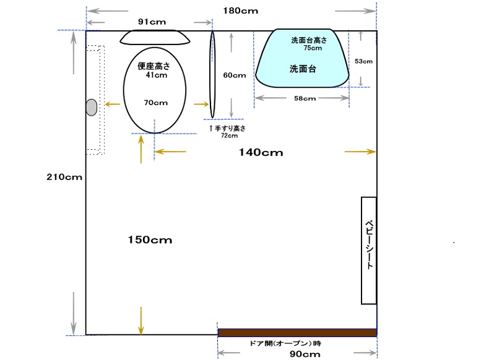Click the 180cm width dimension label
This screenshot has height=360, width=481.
pos(240,11)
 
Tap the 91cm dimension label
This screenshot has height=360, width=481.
pos(152,22)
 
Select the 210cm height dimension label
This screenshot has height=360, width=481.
pos(64,177)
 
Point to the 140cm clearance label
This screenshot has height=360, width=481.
pos(261,152)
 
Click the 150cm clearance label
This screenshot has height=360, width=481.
pos(150,239)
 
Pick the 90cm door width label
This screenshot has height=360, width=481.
pos(305,354)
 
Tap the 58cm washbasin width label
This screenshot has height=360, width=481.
pos(305,98)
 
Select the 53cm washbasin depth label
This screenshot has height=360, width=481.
pos(363,61)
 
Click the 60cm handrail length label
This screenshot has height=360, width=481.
pos(235,75)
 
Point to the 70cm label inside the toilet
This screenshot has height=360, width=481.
pos(155,103)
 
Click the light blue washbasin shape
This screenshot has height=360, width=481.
pos(302,58)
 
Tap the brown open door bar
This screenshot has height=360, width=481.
pos(297,332)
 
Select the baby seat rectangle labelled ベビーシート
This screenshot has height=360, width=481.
pos(369,251)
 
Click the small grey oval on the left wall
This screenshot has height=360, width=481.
pos(92,108)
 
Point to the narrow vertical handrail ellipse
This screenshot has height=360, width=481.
pos(212,74)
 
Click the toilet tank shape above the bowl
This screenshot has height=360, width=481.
pos(155,37)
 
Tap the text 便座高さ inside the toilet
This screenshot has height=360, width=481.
pos(154,66)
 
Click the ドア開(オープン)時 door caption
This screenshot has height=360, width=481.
pos(285,343)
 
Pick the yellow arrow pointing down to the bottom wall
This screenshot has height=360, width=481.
pos(141,320)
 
